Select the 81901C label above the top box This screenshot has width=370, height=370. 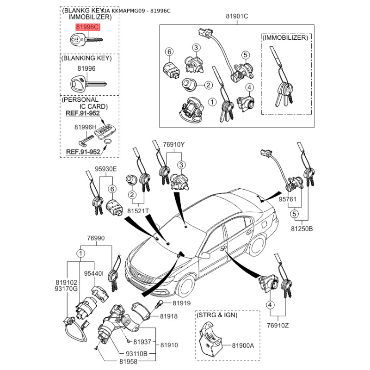coord(237,17)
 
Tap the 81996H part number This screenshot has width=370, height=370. coord(85,127)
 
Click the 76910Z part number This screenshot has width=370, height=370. coord(277,325)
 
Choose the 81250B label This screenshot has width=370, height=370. coord(302,228)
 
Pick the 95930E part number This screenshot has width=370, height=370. coord(105,169)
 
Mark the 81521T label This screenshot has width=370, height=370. coord(139,211)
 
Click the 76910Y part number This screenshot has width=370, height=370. coord(173,145)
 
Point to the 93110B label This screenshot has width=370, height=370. coord(137,354)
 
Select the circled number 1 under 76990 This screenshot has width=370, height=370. coord(80,253)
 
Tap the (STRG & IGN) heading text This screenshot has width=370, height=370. coord(217,315)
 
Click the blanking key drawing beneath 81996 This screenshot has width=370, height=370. coord(87,84)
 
